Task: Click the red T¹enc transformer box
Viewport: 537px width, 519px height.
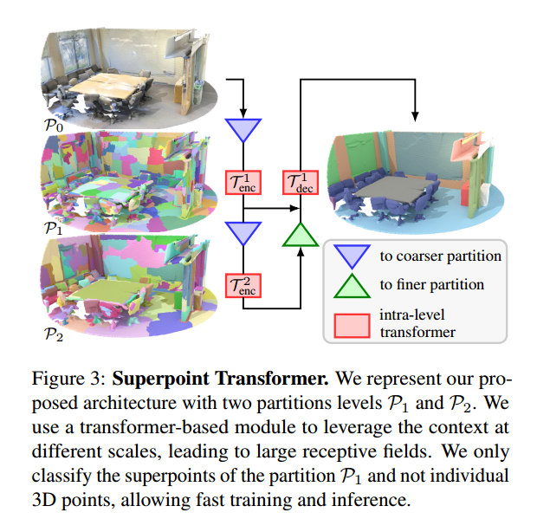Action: tap(243, 183)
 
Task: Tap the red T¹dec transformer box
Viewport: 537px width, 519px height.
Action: tap(301, 183)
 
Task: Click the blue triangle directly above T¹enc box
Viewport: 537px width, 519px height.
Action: tap(243, 130)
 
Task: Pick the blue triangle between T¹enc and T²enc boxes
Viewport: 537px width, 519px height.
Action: tap(243, 231)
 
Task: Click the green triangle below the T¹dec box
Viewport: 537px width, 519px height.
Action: tap(301, 235)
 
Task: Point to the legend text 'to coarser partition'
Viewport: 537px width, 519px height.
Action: tap(440, 256)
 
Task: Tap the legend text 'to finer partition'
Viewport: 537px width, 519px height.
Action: tap(431, 284)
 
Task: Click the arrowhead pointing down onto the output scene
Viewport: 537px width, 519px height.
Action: tap(416, 116)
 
